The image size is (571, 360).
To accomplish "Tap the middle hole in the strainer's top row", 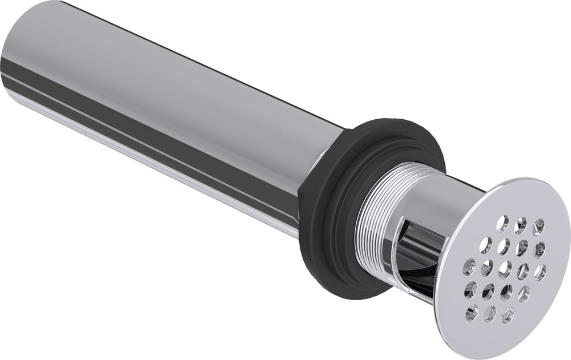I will (x=520, y=225).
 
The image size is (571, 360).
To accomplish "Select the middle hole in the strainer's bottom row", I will (x=490, y=313).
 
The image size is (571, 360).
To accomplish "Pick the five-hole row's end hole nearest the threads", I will (x=469, y=264).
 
